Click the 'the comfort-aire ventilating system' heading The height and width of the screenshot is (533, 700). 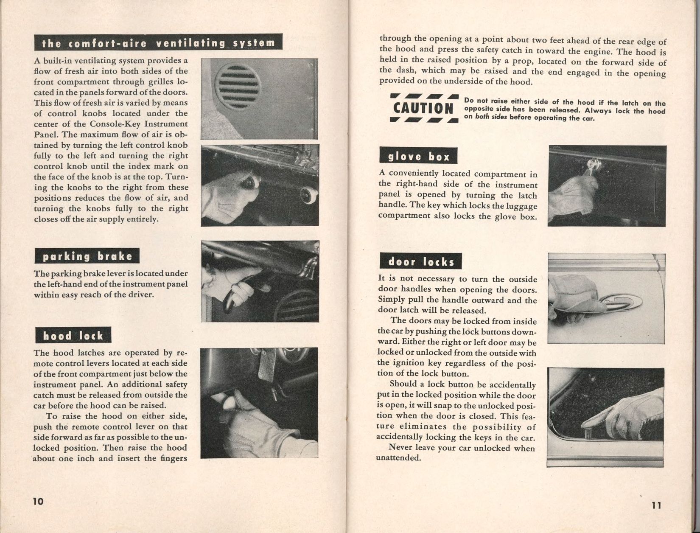click(158, 43)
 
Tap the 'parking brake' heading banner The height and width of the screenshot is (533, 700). click(87, 256)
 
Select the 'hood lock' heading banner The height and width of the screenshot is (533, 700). click(73, 336)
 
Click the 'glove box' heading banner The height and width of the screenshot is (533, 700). click(418, 157)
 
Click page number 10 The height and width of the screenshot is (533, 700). click(38, 501)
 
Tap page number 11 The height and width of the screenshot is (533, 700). click(656, 505)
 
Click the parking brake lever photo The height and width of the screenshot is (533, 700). click(260, 283)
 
